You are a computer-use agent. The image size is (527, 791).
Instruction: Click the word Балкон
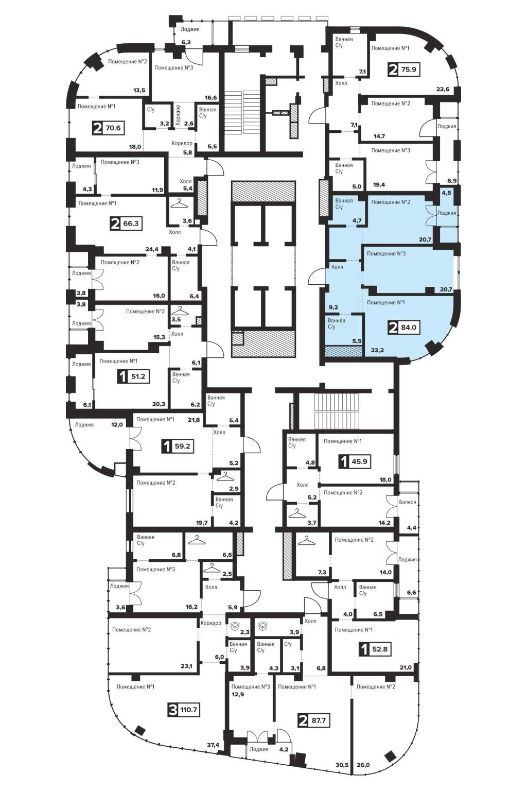pos(408,502)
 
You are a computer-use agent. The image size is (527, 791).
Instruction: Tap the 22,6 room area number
pos(443,89)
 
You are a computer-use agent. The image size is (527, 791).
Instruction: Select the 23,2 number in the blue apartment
pos(377,351)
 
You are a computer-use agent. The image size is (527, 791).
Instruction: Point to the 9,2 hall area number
pos(333,307)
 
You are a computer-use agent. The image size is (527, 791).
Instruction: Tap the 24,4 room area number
pos(152,249)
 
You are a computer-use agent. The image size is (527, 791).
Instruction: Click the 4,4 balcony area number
pos(412,528)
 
